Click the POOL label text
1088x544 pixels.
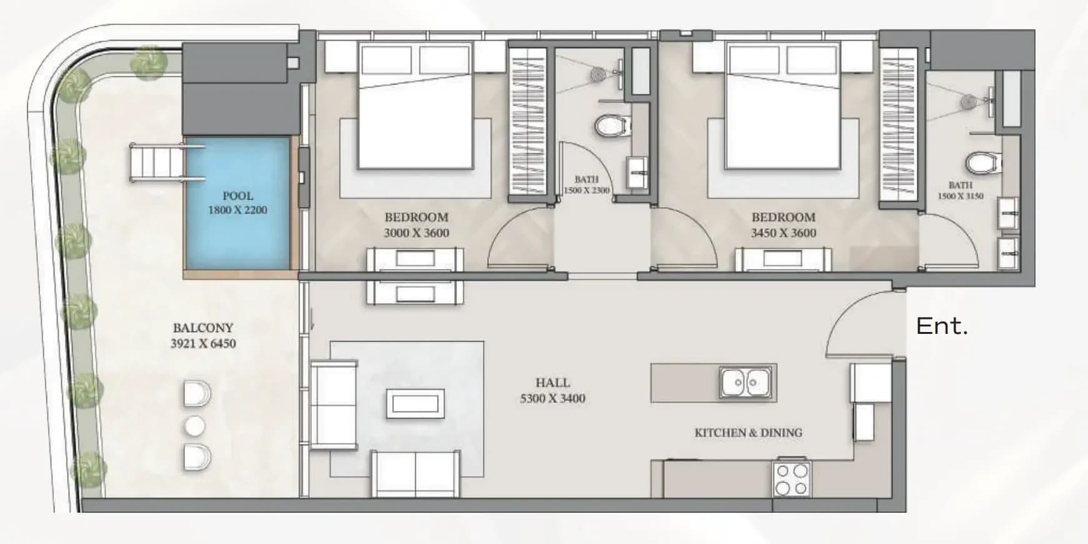[x=238, y=196]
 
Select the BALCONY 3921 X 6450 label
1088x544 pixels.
[x=203, y=335]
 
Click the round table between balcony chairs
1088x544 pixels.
[x=195, y=426]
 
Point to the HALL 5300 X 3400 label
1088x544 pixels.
[x=553, y=390]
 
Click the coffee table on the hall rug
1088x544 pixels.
[x=415, y=403]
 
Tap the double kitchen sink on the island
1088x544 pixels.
[x=746, y=382]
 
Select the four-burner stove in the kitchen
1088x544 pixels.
[x=792, y=479]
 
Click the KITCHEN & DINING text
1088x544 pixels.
[x=748, y=433]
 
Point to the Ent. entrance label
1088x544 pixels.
[x=942, y=326]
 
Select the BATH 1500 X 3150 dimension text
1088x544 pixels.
[x=960, y=190]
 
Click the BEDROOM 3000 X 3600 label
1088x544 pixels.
[x=416, y=225]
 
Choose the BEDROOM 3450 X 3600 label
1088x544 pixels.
[x=783, y=225]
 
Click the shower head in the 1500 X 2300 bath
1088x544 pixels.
[x=598, y=74]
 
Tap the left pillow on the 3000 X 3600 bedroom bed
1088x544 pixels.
[x=386, y=59]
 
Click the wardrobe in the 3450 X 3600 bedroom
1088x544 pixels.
[x=899, y=126]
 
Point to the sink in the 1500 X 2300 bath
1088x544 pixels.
[x=637, y=173]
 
